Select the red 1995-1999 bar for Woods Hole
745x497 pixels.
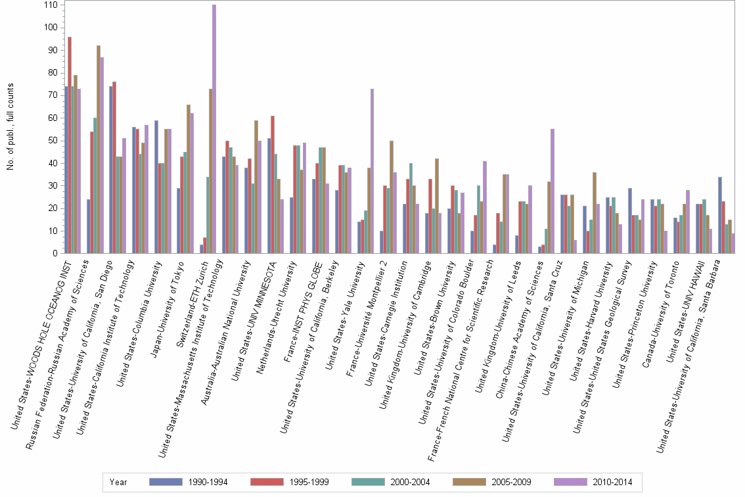70,145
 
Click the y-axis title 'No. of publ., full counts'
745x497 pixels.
11,127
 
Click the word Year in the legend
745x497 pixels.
118,482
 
